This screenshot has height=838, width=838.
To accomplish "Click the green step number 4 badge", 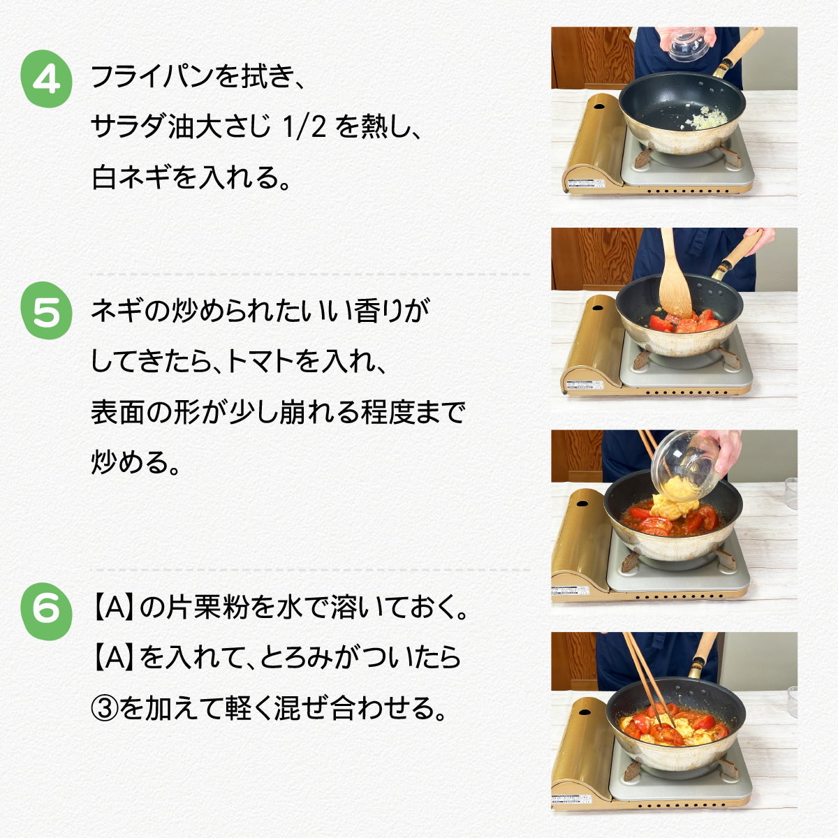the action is click(x=47, y=79).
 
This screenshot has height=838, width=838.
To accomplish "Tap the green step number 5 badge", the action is click(x=47, y=311).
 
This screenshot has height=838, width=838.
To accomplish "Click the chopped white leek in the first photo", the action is click(x=707, y=117).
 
